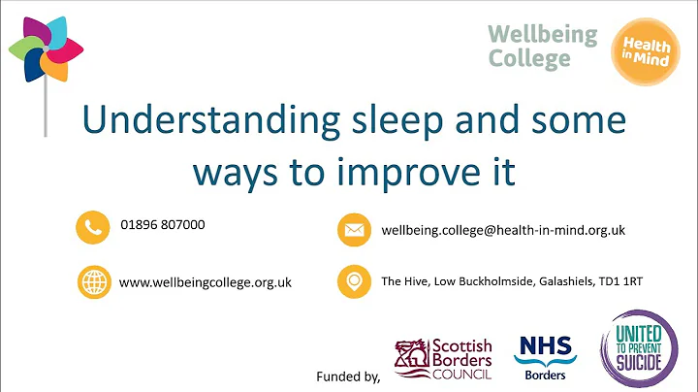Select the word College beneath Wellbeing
click(528, 58)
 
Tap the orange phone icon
click(92, 226)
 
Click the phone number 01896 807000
click(163, 224)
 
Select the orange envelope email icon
click(354, 231)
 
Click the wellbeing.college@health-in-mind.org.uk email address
click(503, 230)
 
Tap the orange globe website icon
click(92, 282)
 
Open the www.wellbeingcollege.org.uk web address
click(206, 282)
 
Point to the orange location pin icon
click(354, 282)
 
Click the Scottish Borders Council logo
click(443, 358)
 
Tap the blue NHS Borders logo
click(545, 355)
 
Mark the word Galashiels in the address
click(549, 282)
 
